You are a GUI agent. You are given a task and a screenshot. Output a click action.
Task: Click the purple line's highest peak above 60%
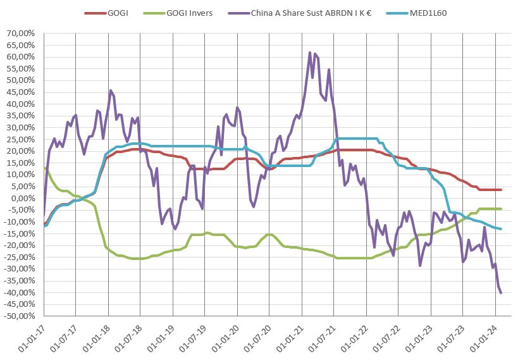(310, 53)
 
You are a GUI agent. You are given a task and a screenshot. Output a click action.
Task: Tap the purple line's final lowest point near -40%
(501, 293)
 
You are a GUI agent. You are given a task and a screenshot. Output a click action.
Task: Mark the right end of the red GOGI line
(501, 190)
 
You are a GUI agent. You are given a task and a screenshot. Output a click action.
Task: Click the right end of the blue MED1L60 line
(501, 229)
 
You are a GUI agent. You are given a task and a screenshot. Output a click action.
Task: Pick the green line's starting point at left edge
(44, 168)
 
